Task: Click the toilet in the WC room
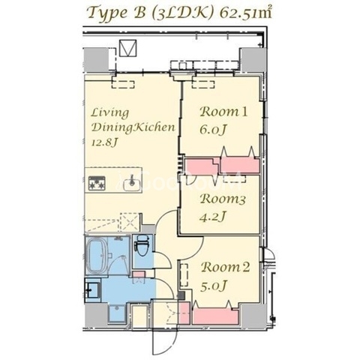coord(142,245)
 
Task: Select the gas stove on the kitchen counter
coord(97,183)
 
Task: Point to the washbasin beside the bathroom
coord(92,290)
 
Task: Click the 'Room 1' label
coord(223,112)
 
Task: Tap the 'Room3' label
coord(223,199)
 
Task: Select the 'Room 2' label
coord(226,267)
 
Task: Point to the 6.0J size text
coord(213,129)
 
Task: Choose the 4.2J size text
coord(213,217)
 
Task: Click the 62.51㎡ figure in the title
coord(245,13)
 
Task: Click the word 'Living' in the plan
coord(110,113)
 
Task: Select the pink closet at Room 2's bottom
coord(215,316)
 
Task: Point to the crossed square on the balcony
coord(128,48)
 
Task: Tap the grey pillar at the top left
coord(96,60)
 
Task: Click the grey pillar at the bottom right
coord(253,316)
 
